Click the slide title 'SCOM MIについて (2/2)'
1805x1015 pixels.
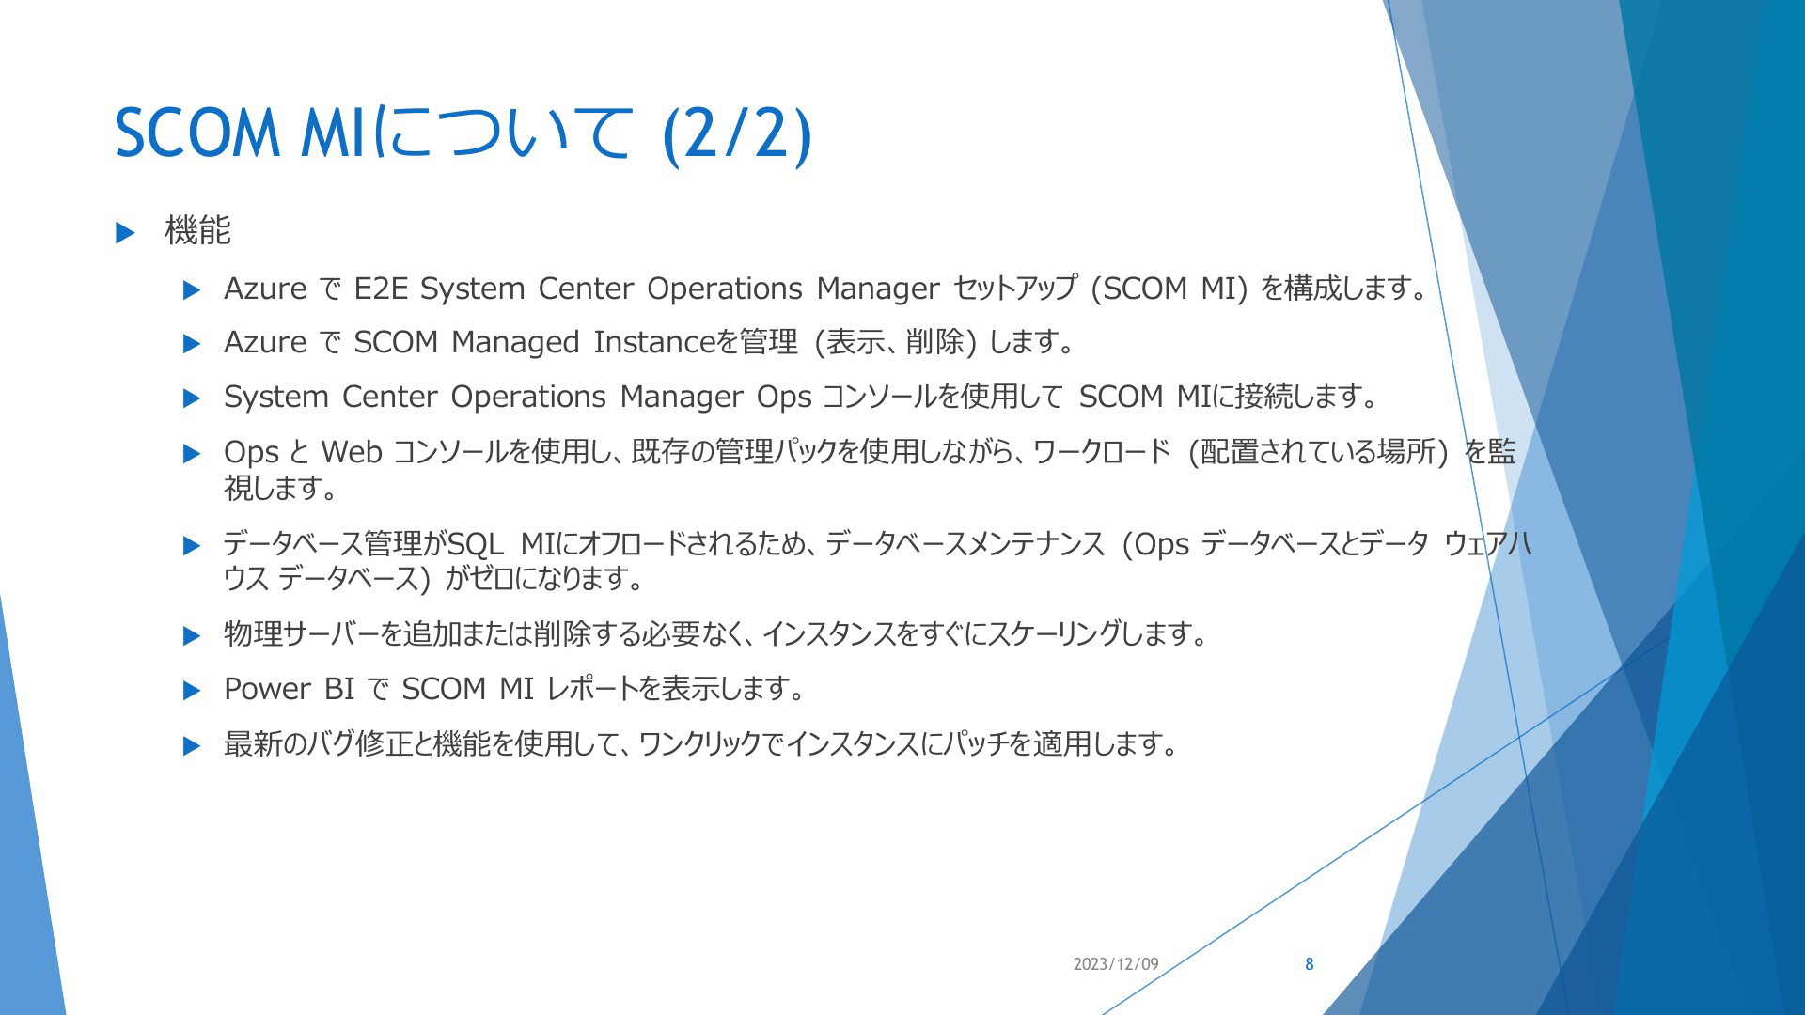(x=463, y=133)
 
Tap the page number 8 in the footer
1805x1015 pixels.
(x=1309, y=964)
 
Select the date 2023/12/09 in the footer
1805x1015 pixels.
(x=1116, y=964)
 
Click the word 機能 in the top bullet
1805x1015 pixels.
(x=197, y=230)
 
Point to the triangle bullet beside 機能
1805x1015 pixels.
(x=125, y=232)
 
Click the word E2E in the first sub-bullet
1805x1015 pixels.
(x=381, y=289)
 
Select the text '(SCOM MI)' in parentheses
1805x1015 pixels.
(x=1169, y=289)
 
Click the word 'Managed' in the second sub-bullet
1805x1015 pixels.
(x=515, y=343)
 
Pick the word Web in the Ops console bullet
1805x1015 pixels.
(x=352, y=452)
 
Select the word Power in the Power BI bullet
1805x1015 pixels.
(x=267, y=689)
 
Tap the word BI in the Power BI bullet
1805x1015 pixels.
(x=339, y=689)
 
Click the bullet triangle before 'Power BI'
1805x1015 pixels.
(x=192, y=691)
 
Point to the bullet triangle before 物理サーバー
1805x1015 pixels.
(x=192, y=636)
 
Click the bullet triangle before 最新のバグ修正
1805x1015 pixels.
(x=192, y=746)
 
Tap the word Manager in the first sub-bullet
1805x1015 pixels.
(x=878, y=289)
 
